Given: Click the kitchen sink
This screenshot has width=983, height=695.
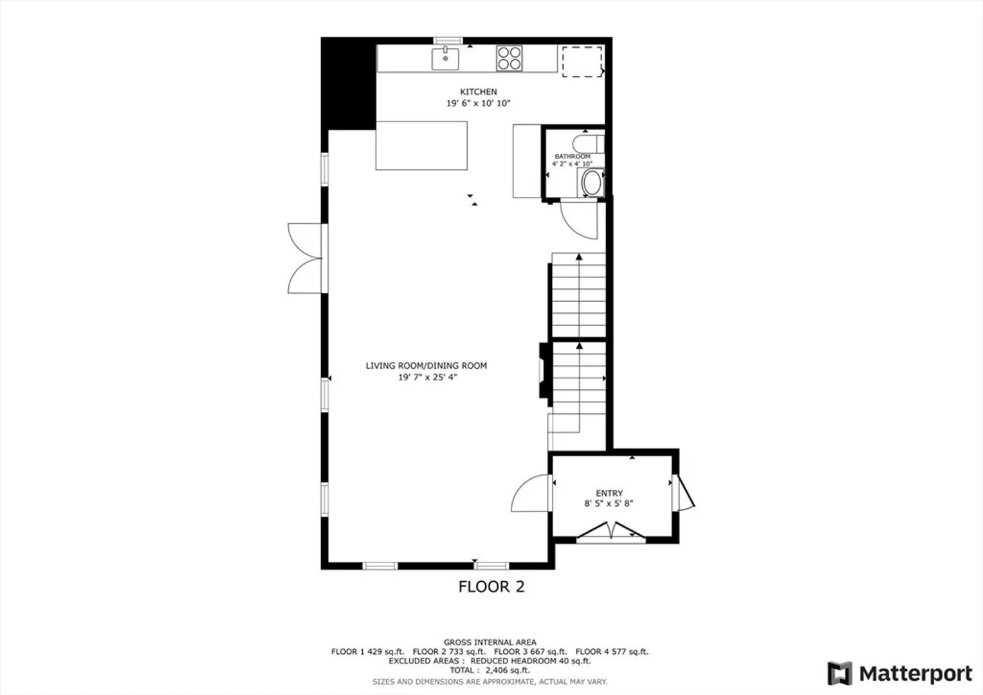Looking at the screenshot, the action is pyautogui.click(x=445, y=59).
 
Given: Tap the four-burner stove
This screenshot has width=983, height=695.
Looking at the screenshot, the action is pyautogui.click(x=510, y=59).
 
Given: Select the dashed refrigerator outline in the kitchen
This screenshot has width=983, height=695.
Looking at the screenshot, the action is pyautogui.click(x=582, y=62).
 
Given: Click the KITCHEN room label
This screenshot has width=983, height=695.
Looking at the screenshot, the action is pyautogui.click(x=479, y=92).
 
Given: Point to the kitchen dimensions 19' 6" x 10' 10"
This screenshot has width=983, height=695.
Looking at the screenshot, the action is pyautogui.click(x=479, y=103).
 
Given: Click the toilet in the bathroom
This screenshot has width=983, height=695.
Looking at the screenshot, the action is pyautogui.click(x=589, y=144).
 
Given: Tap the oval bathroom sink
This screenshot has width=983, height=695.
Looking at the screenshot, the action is pyautogui.click(x=591, y=183).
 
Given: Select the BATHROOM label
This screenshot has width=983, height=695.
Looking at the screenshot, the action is pyautogui.click(x=573, y=156).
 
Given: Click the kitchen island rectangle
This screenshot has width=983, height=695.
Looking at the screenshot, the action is pyautogui.click(x=421, y=145).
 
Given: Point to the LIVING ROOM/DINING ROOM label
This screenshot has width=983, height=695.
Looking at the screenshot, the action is pyautogui.click(x=426, y=366).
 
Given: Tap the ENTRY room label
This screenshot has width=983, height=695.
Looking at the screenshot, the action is pyautogui.click(x=609, y=493).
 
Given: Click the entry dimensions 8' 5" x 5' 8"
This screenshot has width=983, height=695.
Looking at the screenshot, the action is pyautogui.click(x=609, y=504).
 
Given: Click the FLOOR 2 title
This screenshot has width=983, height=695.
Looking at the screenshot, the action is pyautogui.click(x=492, y=586).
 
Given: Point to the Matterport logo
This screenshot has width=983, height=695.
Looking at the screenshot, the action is pyautogui.click(x=900, y=673).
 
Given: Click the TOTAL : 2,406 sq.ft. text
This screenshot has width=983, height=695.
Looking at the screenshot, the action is pyautogui.click(x=490, y=671).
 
